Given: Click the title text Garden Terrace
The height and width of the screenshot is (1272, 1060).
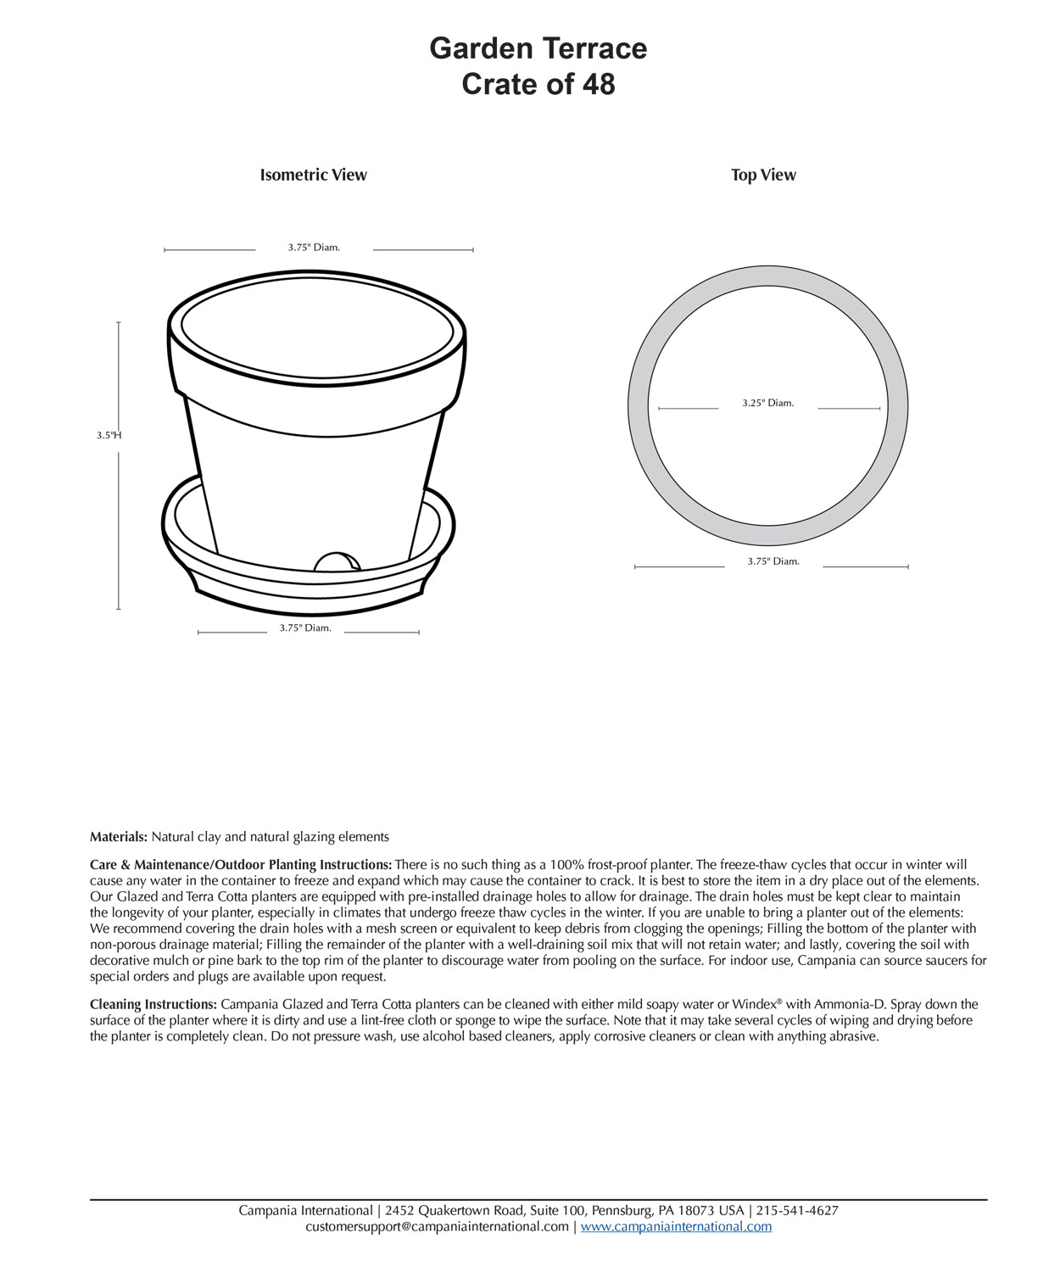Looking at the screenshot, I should [538, 48].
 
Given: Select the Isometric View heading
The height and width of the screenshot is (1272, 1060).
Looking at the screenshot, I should [313, 176].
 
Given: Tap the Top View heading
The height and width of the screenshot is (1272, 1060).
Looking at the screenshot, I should [763, 176].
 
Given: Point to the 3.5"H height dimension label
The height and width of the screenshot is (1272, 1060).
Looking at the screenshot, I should [109, 435].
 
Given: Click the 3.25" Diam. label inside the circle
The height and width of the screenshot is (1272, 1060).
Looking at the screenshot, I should [767, 404].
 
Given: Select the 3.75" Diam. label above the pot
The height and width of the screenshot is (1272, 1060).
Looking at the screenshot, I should [314, 248].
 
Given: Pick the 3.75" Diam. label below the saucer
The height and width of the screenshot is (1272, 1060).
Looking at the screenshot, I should [305, 628].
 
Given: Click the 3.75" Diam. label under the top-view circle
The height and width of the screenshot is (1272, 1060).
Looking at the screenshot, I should [773, 561].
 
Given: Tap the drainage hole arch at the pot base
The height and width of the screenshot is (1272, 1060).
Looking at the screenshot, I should [337, 562].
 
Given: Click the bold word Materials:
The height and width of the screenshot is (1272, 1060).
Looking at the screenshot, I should [119, 837].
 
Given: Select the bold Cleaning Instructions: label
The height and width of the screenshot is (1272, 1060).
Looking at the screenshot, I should [153, 1005].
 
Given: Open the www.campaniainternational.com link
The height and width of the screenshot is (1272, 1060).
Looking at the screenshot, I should [676, 1227].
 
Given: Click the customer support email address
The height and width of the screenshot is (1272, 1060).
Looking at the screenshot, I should [437, 1227].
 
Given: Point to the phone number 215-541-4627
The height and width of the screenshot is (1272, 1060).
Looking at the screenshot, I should [797, 1211].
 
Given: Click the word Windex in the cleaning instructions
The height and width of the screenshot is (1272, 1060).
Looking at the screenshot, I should [755, 1005].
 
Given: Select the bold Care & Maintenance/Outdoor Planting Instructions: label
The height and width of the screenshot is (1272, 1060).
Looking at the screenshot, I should [241, 865].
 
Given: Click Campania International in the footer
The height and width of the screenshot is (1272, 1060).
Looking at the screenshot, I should [305, 1211].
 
